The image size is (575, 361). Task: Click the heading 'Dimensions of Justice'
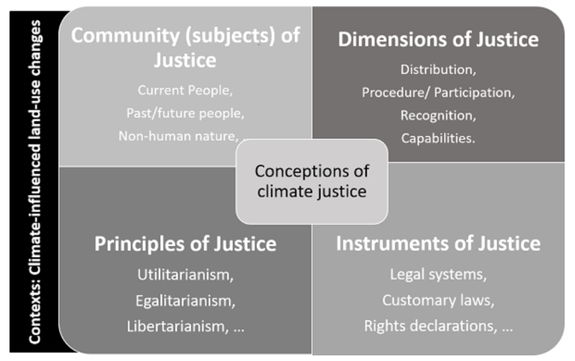[438, 39]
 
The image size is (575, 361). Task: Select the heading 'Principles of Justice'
[185, 244]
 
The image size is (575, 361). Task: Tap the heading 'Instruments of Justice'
[438, 244]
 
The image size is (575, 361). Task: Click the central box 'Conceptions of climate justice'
[312, 181]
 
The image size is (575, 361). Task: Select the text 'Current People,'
[185, 90]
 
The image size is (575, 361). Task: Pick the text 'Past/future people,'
[185, 113]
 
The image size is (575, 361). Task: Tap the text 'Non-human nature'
[177, 135]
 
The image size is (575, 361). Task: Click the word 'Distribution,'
[438, 70]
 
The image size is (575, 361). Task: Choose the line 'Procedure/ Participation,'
[438, 93]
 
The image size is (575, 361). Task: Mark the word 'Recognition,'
[438, 115]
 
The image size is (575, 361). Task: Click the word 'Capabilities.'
[438, 138]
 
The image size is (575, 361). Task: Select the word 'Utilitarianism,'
[185, 274]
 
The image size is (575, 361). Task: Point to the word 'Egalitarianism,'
[185, 300]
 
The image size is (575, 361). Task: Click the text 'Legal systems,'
[438, 274]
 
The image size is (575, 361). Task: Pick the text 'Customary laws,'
[438, 300]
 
